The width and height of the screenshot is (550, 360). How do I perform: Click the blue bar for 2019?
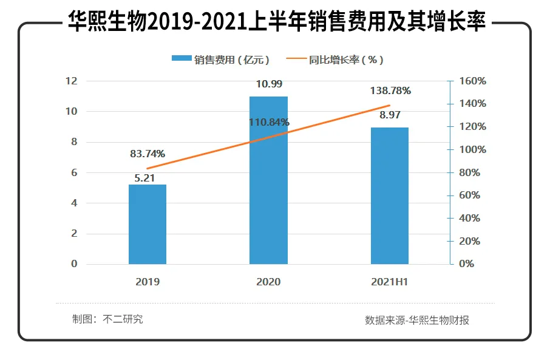pyautogui.click(x=148, y=224)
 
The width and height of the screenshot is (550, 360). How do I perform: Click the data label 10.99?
pyautogui.click(x=269, y=84)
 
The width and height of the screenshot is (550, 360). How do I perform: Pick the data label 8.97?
pyautogui.click(x=390, y=115)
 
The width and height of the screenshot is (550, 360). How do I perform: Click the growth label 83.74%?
pyautogui.click(x=148, y=154)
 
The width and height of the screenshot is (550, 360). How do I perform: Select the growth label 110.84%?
pyautogui.click(x=269, y=122)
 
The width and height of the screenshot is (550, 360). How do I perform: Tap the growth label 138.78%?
pyautogui.click(x=390, y=90)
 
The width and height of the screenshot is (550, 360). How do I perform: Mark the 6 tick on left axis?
pyautogui.click(x=74, y=172)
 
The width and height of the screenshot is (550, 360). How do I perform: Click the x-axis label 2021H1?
pyautogui.click(x=390, y=282)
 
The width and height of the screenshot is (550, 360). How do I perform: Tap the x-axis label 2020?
pyautogui.click(x=269, y=282)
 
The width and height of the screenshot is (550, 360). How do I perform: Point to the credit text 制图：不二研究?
pyautogui.click(x=107, y=319)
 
